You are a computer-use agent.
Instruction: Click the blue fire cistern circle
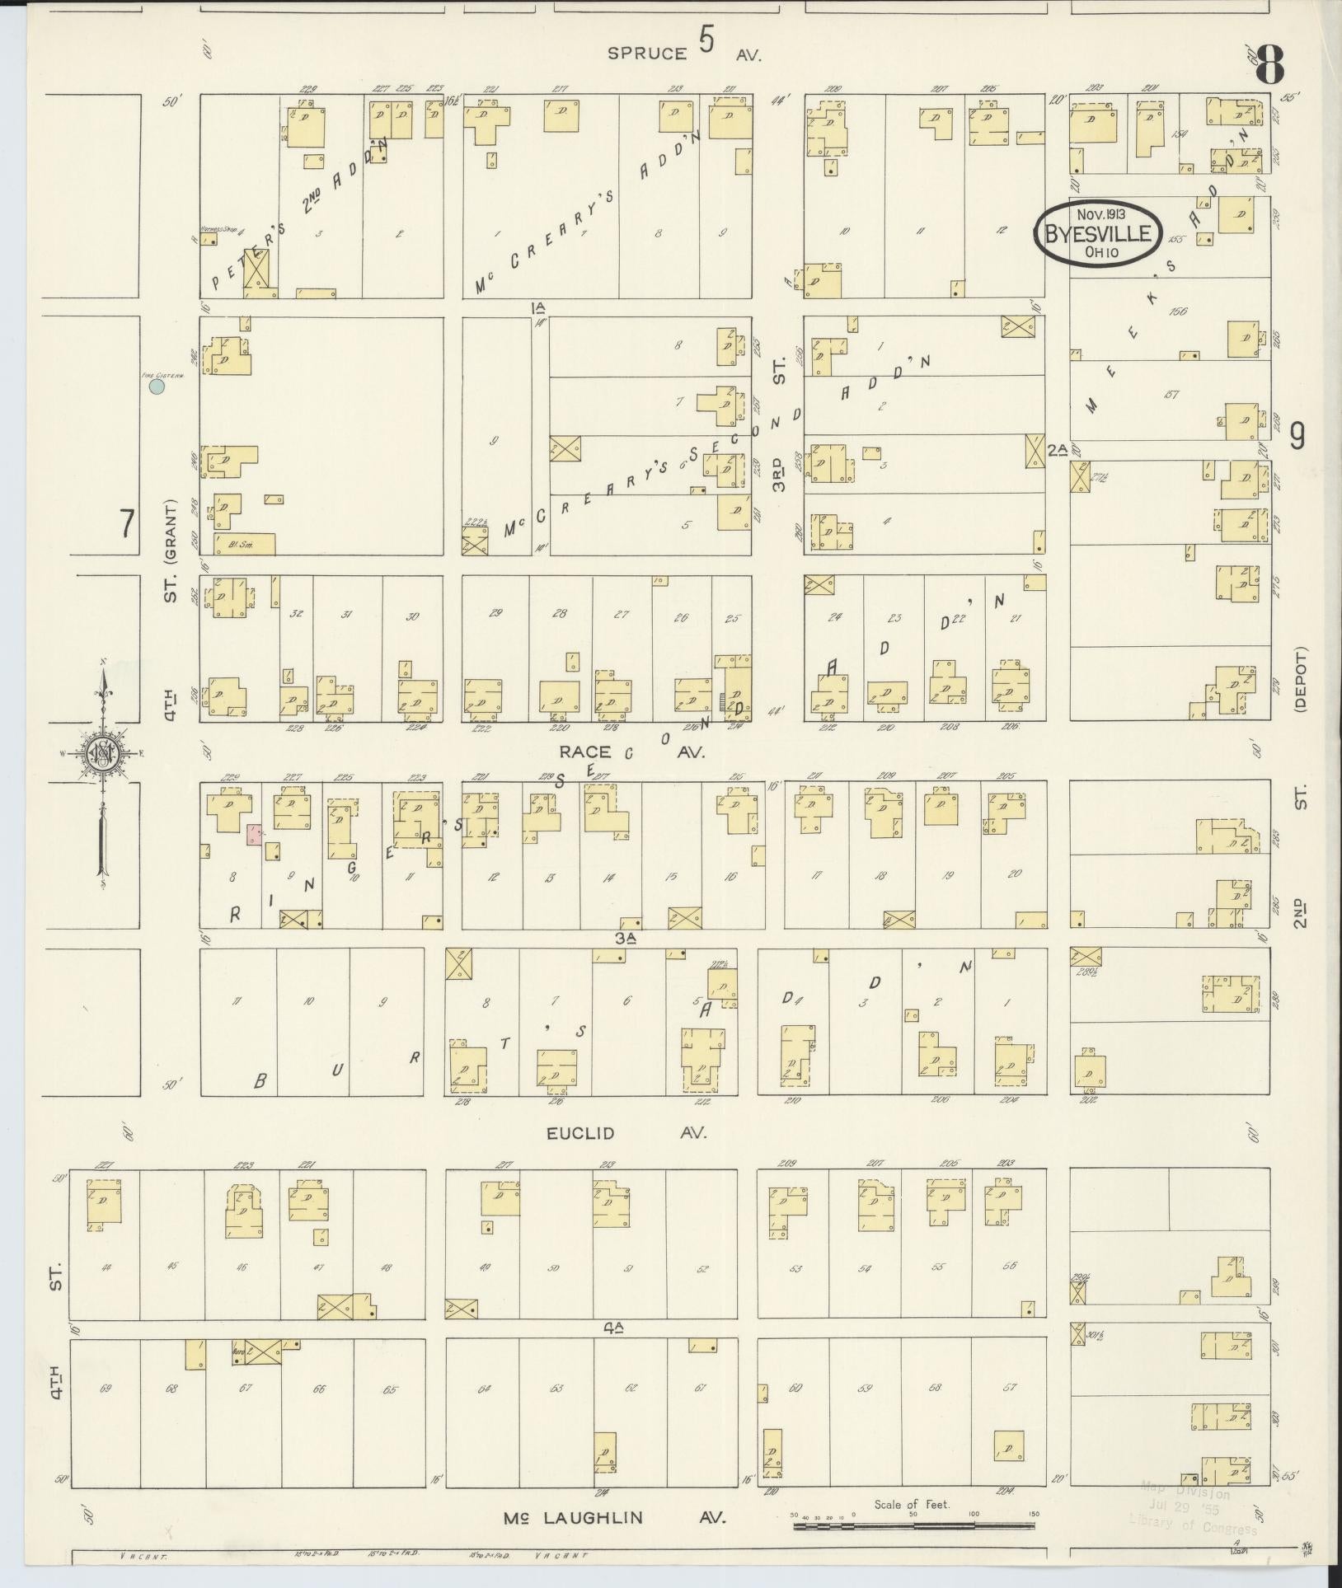pyautogui.click(x=157, y=385)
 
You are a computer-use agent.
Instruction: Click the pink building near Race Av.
pyautogui.click(x=256, y=834)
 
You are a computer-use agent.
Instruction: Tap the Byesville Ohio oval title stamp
pyautogui.click(x=1097, y=234)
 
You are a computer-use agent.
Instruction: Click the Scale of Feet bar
pyautogui.click(x=915, y=1525)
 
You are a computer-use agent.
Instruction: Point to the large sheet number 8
pyautogui.click(x=1270, y=66)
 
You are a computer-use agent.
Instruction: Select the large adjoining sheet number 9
pyautogui.click(x=1297, y=436)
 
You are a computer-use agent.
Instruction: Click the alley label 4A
pyautogui.click(x=613, y=1328)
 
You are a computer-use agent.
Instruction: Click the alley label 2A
pyautogui.click(x=1058, y=449)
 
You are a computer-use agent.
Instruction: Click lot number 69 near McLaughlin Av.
pyautogui.click(x=105, y=1389)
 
